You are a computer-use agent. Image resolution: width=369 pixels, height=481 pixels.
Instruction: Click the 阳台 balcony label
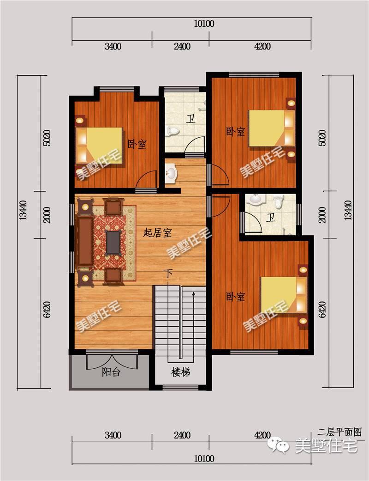[111, 372]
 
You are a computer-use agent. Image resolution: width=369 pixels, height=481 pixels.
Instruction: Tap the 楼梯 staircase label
[181, 372]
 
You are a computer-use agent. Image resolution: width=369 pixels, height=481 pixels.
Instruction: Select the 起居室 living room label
[157, 233]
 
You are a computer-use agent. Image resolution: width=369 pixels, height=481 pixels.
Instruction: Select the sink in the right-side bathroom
[255, 200]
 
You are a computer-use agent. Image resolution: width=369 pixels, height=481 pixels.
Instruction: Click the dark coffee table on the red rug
[113, 242]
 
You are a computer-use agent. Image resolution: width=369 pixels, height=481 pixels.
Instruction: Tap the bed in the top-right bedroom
[272, 128]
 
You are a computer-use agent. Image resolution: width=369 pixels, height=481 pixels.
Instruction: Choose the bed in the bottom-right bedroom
[284, 295]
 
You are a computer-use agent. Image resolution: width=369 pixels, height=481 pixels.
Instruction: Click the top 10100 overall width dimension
[204, 24]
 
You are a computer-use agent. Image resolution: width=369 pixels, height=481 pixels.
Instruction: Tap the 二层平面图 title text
[340, 432]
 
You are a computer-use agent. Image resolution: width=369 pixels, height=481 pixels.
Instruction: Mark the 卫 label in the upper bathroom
[190, 119]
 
